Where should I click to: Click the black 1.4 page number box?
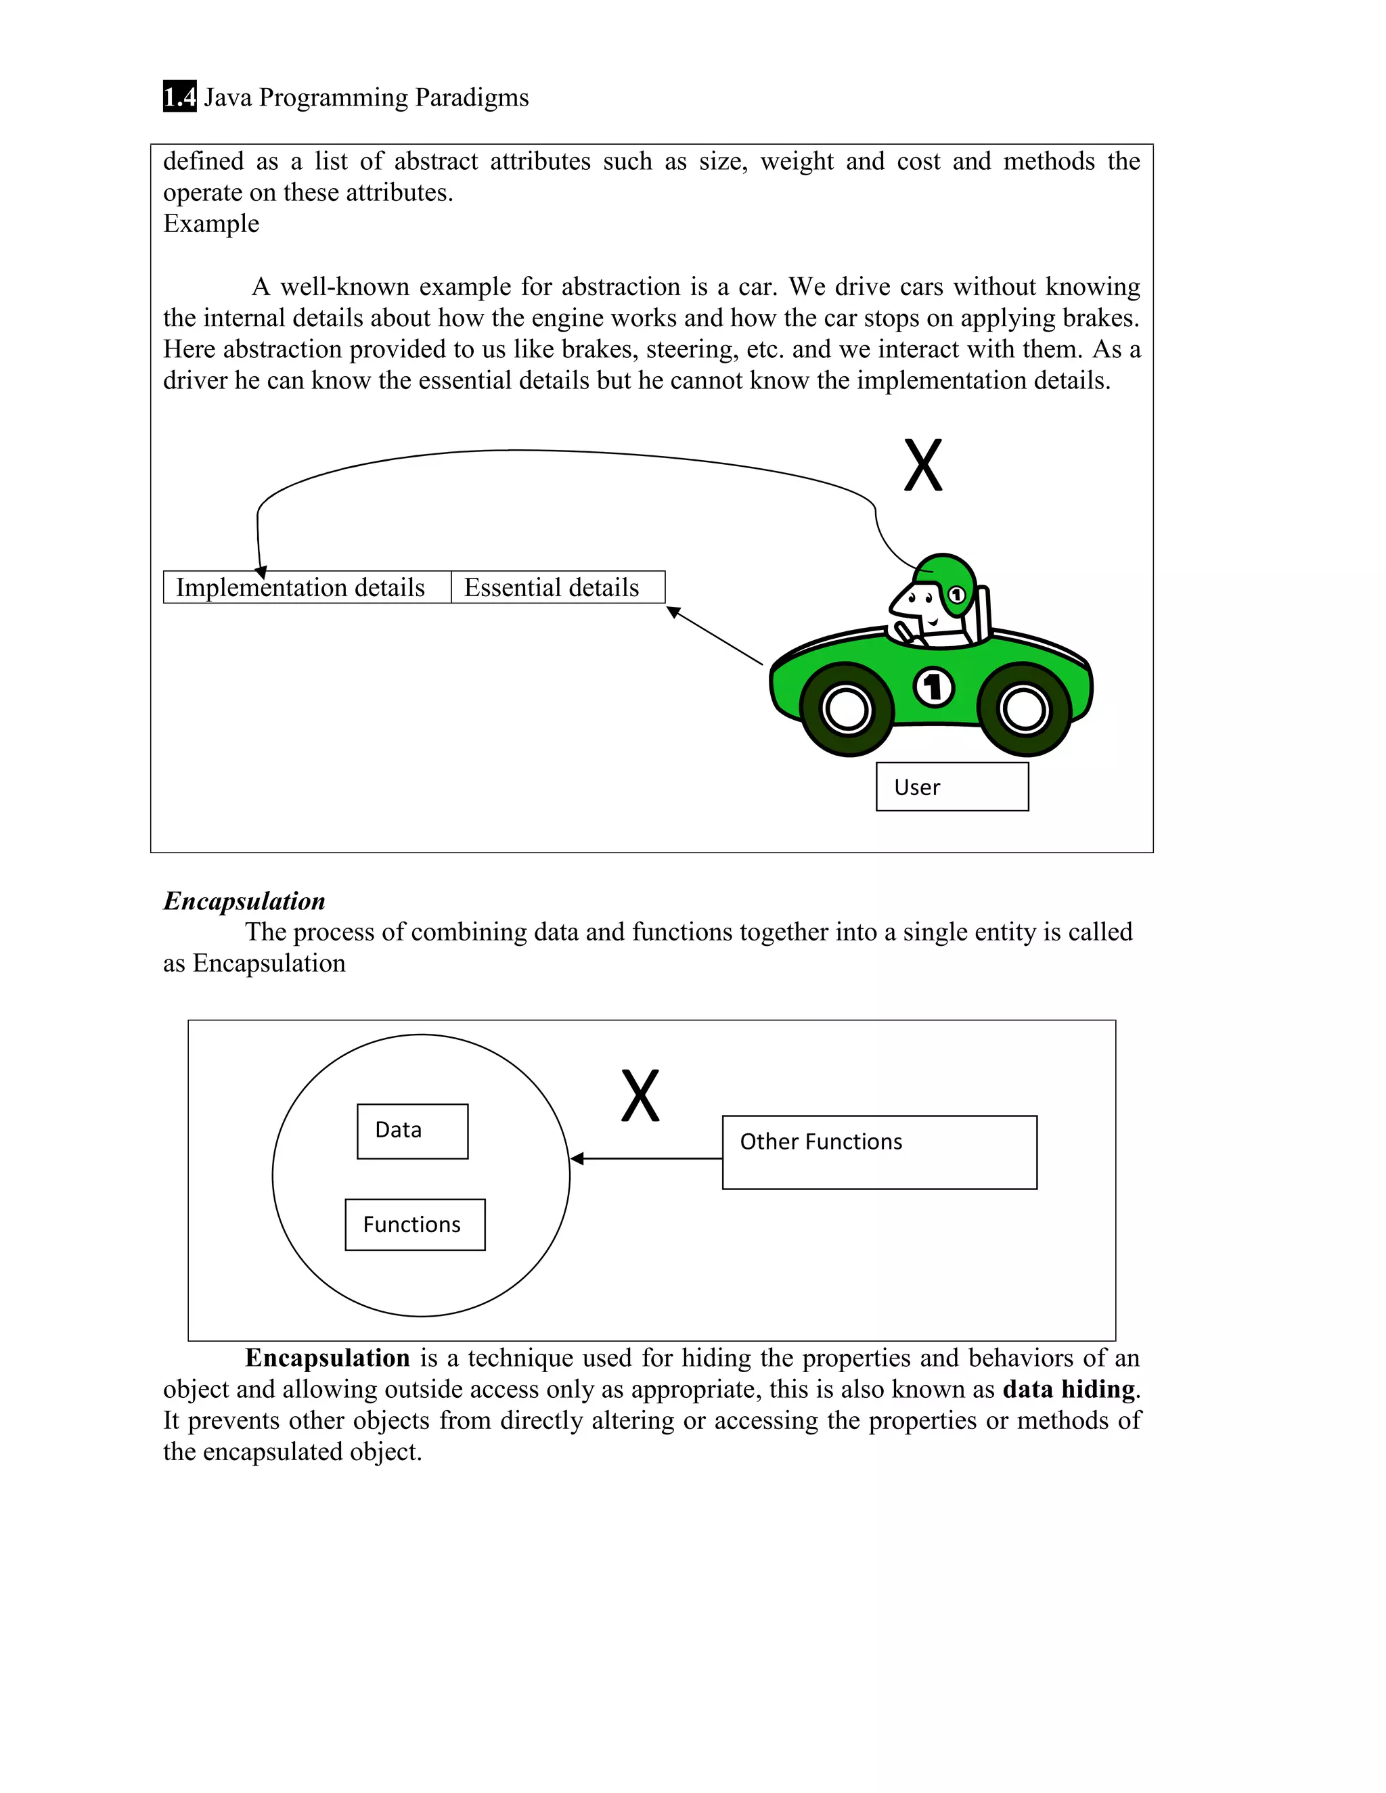[x=179, y=97]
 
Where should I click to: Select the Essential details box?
[x=558, y=587]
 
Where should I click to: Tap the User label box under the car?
[x=952, y=786]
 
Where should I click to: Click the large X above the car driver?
[x=923, y=466]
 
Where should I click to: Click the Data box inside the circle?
[x=412, y=1131]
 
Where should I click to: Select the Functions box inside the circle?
[x=415, y=1224]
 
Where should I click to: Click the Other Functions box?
[x=878, y=1152]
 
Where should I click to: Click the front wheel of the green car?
[x=847, y=708]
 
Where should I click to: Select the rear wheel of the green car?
[x=1024, y=708]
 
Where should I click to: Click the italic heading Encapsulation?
[x=244, y=901]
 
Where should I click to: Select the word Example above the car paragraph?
[x=211, y=223]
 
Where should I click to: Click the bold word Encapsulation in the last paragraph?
[x=327, y=1358]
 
